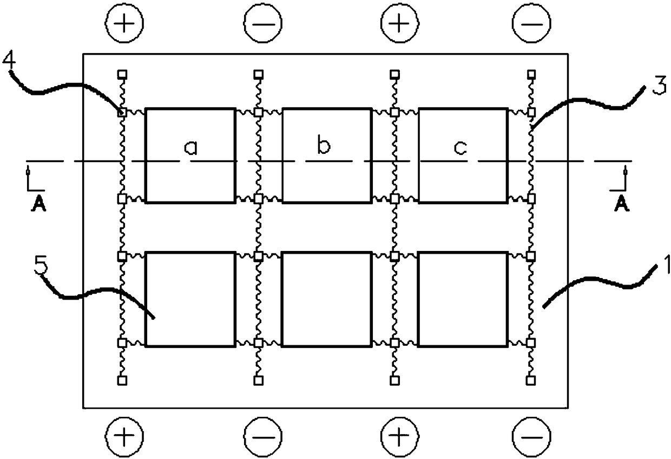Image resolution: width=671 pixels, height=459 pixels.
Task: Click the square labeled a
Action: [x=190, y=155]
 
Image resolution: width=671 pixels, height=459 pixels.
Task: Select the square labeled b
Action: [x=327, y=155]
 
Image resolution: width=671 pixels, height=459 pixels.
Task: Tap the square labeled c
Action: [x=463, y=155]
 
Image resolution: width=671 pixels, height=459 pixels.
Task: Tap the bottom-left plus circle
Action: [x=123, y=435]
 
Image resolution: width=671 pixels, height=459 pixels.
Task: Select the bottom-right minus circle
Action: [x=531, y=435]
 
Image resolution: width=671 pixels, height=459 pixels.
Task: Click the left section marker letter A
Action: [x=32, y=205]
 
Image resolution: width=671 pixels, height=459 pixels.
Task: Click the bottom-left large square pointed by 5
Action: [x=190, y=299]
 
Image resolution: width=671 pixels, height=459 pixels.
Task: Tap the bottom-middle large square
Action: [x=327, y=299]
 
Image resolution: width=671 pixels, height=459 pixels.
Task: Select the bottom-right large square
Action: [x=463, y=299]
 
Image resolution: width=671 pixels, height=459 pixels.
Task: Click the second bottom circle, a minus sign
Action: [x=262, y=435]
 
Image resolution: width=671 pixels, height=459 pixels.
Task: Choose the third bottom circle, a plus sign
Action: [x=399, y=435]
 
